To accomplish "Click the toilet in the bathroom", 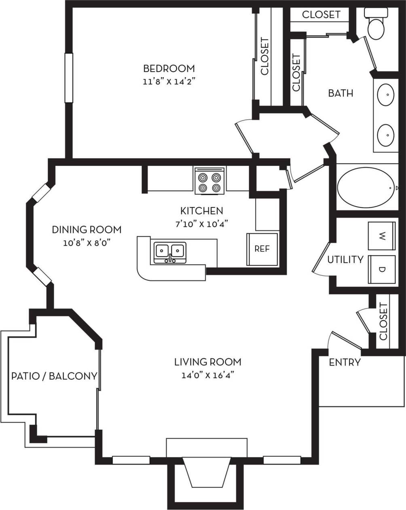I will point(376,24).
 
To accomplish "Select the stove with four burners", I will point(209,181).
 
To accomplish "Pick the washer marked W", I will point(382,236).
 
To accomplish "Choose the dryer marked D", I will point(382,269).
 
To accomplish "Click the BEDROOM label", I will point(169,68).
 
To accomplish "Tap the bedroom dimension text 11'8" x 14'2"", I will point(169,82).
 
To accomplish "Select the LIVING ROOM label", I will point(207,362).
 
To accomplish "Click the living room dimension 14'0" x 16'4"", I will point(207,375).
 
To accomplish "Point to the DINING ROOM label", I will point(87,230).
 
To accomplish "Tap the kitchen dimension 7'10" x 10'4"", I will point(201,224).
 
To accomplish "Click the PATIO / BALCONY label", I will point(54,376).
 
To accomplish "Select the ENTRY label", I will point(345,362).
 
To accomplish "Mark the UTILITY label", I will point(345,259).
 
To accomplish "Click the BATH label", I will point(340,93).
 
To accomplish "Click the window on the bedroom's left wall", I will point(69,78).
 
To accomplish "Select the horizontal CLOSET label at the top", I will point(321,15).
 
